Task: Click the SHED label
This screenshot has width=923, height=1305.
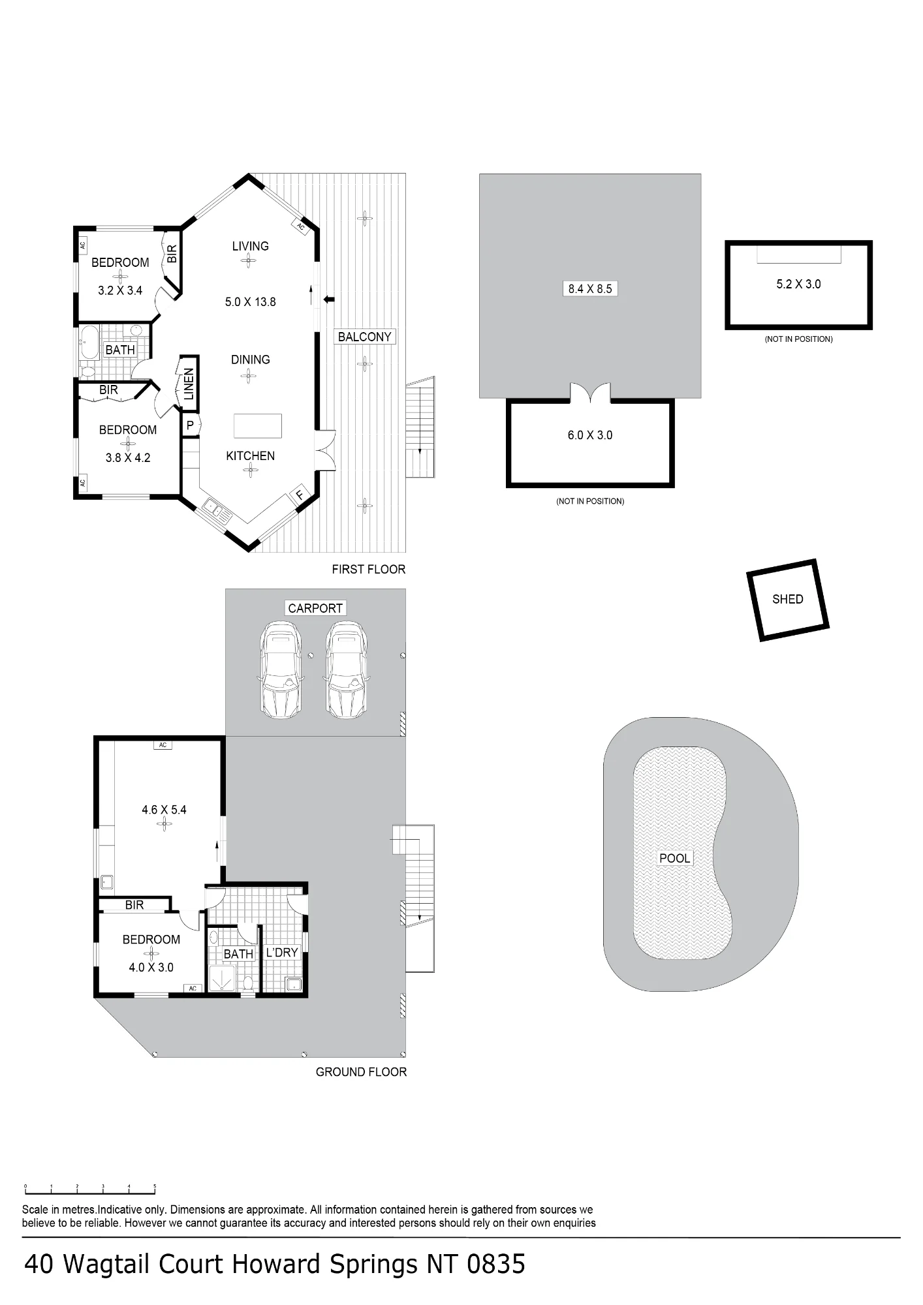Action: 787,599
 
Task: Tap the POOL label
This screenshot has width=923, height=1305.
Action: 674,858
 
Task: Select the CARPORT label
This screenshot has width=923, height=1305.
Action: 315,608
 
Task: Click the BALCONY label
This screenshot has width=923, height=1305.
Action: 364,337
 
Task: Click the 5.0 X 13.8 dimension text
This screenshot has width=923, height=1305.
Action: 251,302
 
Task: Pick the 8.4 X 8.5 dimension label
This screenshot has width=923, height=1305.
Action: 590,288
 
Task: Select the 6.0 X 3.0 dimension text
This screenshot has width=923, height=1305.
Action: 590,435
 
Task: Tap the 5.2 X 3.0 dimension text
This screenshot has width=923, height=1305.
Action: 798,284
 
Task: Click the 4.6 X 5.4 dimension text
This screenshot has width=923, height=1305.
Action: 164,810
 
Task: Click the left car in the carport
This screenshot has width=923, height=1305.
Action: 281,670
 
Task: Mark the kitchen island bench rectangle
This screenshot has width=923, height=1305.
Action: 258,425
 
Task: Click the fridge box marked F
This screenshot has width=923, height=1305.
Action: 300,495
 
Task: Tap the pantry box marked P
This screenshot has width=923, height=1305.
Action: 190,425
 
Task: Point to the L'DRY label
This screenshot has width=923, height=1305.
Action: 282,953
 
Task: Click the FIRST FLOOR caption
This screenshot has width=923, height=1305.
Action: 369,569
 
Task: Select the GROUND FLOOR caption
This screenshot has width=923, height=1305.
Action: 361,1072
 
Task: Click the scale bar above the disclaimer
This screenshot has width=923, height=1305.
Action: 90,1187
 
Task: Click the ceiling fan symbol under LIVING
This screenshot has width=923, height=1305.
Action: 248,261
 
